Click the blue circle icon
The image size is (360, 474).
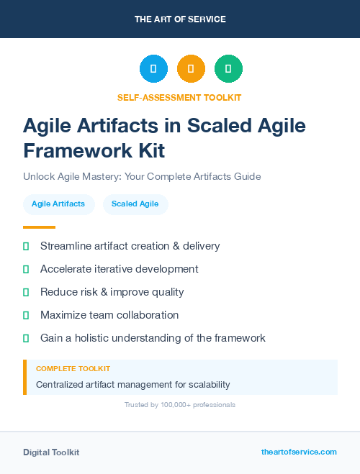(153, 69)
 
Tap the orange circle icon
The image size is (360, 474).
(191, 69)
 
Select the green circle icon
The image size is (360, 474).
(228, 69)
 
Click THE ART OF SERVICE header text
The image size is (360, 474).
(180, 19)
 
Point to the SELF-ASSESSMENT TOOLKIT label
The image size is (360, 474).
(179, 97)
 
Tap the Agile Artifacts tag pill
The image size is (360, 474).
(58, 204)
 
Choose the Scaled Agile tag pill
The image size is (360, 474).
(135, 204)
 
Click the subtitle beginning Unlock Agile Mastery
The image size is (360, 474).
(141, 176)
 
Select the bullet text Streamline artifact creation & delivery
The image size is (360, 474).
(130, 246)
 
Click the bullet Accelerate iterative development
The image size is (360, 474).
(119, 269)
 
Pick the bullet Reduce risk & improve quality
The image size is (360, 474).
(112, 292)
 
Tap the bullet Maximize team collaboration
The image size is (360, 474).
(109, 315)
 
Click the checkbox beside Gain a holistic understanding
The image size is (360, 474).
(26, 338)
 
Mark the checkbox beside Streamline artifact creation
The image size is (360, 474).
(26, 246)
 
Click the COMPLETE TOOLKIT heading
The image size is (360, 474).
(73, 369)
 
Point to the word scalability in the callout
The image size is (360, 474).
(205, 385)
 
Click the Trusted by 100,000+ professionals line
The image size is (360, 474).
(180, 405)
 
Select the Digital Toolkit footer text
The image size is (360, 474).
(51, 452)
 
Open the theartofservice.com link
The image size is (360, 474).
(299, 452)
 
